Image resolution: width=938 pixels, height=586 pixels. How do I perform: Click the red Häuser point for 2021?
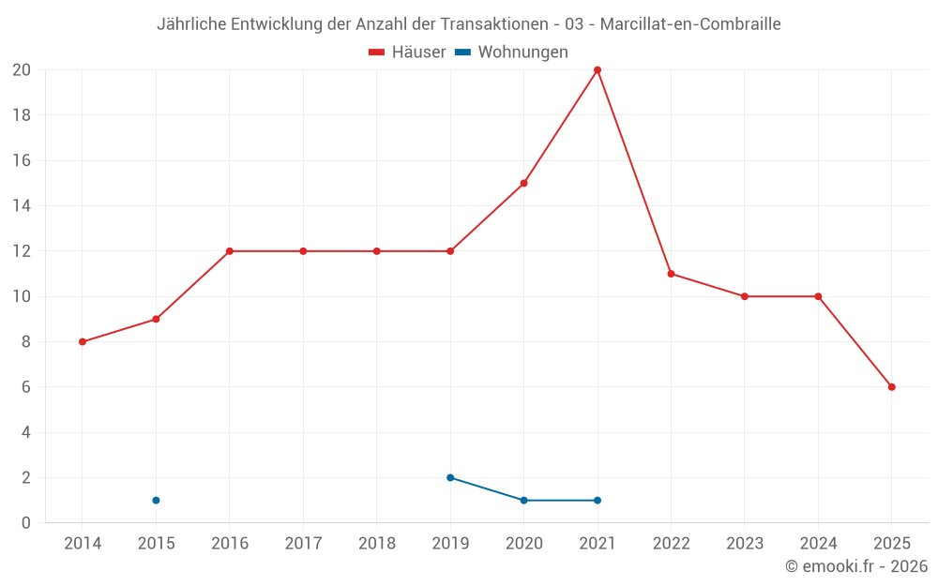tap(598, 70)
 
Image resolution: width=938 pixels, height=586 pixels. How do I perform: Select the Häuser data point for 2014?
tap(83, 342)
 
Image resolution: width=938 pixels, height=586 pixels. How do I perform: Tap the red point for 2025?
tap(891, 387)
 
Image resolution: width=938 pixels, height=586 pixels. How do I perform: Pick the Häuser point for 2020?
tap(523, 183)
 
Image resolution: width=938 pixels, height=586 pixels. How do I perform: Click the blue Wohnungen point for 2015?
tap(156, 501)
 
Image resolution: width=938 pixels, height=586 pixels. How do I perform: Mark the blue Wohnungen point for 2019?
tap(450, 478)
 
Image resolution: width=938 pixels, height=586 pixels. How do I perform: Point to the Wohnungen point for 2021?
tap(598, 501)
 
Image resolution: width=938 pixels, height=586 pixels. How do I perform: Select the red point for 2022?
tap(671, 274)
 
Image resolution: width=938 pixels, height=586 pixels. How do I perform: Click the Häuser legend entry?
tap(407, 53)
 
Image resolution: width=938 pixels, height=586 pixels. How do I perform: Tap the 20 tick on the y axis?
tap(22, 70)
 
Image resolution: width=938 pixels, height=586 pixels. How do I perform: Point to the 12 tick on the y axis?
tap(22, 251)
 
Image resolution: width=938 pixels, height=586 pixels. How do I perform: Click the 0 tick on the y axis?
tap(26, 523)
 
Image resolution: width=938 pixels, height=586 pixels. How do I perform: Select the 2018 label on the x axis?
tap(377, 544)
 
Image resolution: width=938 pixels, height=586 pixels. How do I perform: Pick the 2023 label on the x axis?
tap(745, 544)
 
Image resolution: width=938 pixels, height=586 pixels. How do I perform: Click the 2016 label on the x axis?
tap(230, 544)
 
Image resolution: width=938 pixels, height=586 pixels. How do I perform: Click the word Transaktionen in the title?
tap(494, 24)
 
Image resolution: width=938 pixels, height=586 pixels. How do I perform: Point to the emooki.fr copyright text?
tap(856, 566)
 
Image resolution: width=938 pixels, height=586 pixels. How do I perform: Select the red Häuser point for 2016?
tap(230, 251)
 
